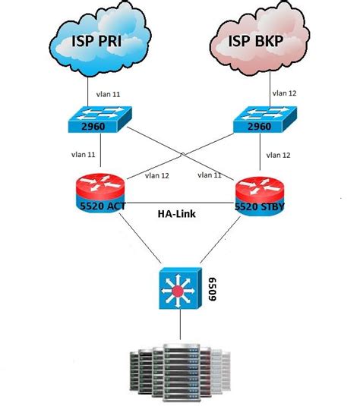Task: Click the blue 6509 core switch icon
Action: [180, 290]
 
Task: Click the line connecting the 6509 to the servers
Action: [180, 327]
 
